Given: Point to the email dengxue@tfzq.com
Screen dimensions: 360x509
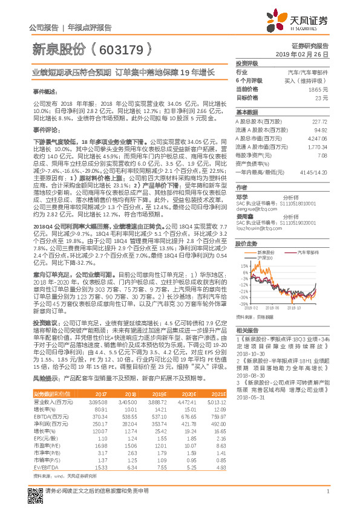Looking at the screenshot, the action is point(252,209).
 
